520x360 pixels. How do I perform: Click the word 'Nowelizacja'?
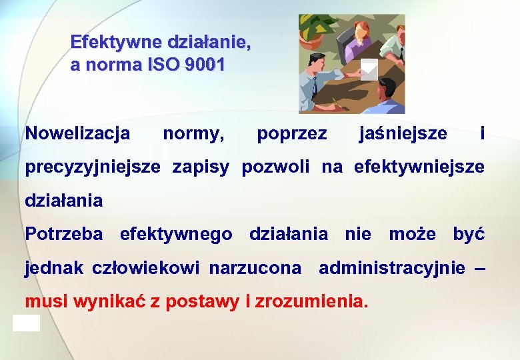click(77, 134)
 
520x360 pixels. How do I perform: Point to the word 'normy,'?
click(193, 134)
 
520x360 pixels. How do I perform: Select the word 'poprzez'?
click(292, 134)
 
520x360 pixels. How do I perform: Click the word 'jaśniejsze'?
click(403, 134)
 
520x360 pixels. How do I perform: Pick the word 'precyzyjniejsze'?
click(93, 167)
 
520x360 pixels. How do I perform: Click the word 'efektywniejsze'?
click(419, 167)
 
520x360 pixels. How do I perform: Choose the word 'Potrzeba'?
click(64, 235)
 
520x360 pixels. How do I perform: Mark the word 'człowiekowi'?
click(146, 269)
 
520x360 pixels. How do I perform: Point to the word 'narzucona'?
click(255, 268)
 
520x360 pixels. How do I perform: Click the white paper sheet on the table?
click(369, 69)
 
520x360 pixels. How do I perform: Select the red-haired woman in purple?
click(360, 40)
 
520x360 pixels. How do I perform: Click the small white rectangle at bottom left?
click(26, 323)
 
